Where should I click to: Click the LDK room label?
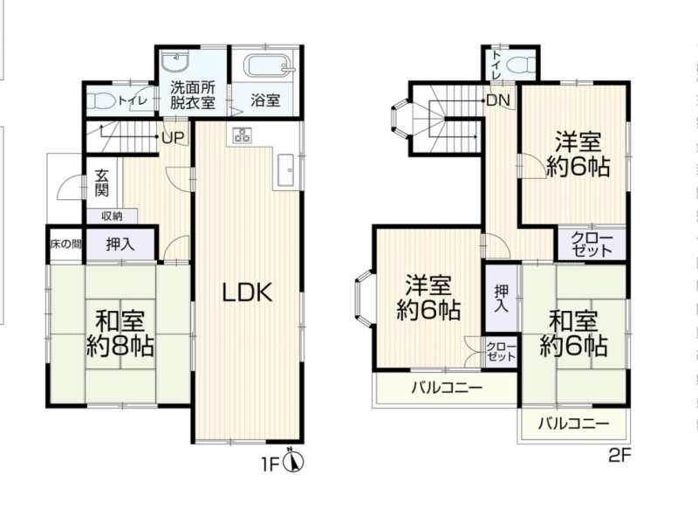[247, 293]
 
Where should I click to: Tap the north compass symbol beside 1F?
[293, 461]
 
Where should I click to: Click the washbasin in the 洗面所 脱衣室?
[175, 62]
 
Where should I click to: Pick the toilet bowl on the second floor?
[522, 65]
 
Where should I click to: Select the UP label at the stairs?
[173, 138]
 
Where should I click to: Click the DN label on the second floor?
[498, 100]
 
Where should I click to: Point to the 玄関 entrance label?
[102, 182]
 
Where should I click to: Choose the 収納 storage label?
[112, 217]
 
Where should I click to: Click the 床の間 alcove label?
[66, 244]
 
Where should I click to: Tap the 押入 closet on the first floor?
[120, 244]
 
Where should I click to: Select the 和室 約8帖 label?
[120, 333]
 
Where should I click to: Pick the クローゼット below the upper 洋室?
[592, 244]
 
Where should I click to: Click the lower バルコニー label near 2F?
[573, 423]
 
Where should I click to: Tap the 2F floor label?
[619, 455]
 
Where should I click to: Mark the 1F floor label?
[270, 465]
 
